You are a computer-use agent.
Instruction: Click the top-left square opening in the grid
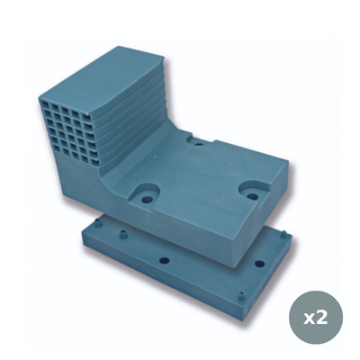tap(46, 99)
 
